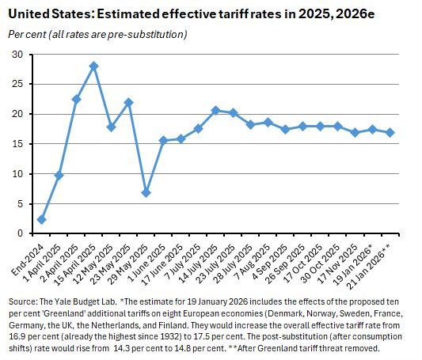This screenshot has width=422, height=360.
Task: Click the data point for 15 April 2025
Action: point(93,66)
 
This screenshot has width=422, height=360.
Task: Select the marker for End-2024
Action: point(41,219)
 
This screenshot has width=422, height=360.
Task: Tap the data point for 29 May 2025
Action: point(146,192)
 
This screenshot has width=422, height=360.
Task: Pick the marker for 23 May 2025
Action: point(128,103)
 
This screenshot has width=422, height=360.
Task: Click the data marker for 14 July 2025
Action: point(215,111)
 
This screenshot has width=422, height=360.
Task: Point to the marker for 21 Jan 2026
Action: point(390,132)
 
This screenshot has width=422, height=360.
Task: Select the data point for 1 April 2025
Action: point(59,175)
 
